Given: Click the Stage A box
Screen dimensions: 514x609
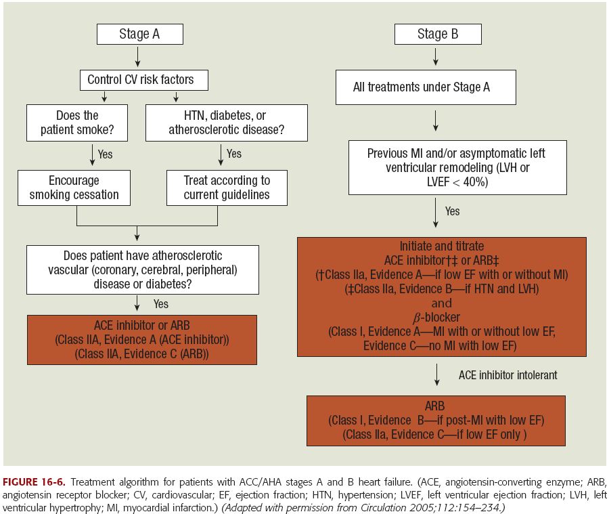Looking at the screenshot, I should pyautogui.click(x=140, y=35).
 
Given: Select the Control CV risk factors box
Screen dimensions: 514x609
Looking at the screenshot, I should pyautogui.click(x=140, y=80).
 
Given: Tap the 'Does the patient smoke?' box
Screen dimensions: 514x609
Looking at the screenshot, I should pyautogui.click(x=76, y=123).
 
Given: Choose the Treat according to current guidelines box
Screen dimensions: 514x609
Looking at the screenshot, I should pyautogui.click(x=227, y=188).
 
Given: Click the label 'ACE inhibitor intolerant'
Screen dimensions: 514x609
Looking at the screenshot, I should pyautogui.click(x=507, y=374).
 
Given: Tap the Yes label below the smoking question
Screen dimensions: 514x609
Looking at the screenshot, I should pyautogui.click(x=105, y=154).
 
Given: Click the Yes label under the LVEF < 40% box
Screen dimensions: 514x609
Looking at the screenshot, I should pyautogui.click(x=452, y=211).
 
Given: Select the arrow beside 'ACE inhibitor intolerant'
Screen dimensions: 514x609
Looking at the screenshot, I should pyautogui.click(x=437, y=374).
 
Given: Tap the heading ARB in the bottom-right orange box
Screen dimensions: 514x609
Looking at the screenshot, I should pyautogui.click(x=434, y=406).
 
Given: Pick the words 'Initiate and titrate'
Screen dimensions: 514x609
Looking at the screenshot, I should pyautogui.click(x=442, y=247).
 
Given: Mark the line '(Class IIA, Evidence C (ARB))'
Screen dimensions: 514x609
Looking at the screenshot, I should pyautogui.click(x=142, y=354).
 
